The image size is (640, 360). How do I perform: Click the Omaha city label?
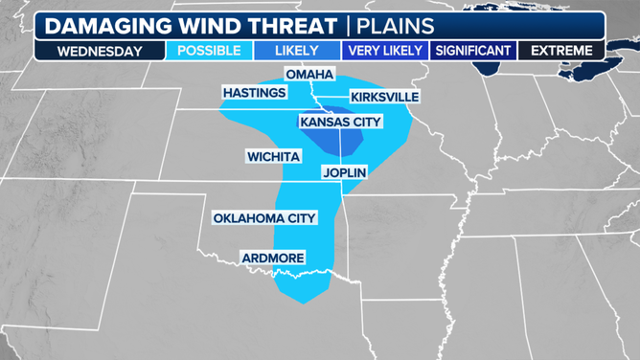[x=309, y=75]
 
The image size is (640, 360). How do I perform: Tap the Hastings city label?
[x=254, y=93]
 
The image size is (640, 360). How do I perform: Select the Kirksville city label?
[x=384, y=98]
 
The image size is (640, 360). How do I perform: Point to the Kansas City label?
[x=340, y=122]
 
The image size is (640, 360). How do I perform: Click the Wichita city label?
[x=273, y=156]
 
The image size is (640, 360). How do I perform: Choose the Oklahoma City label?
[x=264, y=218]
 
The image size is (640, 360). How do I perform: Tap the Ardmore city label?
[x=272, y=258]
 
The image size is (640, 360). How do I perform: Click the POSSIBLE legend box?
[x=209, y=51]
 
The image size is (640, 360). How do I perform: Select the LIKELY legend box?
[x=297, y=51]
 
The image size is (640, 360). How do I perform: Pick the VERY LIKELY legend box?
[x=384, y=51]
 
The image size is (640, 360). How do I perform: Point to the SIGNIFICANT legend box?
[x=473, y=51]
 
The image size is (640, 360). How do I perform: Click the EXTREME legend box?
[x=561, y=51]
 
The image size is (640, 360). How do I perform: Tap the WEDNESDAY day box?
[x=100, y=51]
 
